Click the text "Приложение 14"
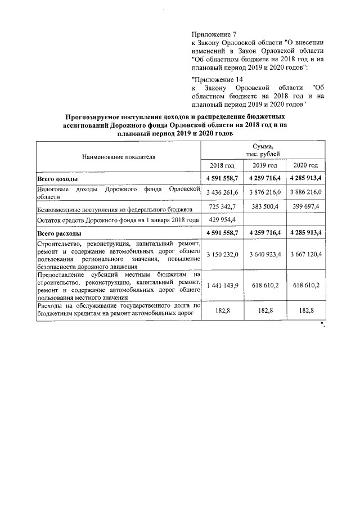(x=217, y=79)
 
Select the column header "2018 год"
(x=222, y=165)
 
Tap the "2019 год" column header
(x=264, y=165)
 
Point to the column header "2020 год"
(x=305, y=165)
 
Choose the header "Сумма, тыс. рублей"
(x=264, y=150)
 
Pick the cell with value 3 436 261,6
(x=223, y=193)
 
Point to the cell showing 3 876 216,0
(x=264, y=193)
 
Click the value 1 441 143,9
(x=223, y=285)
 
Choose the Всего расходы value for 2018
(x=223, y=232)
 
